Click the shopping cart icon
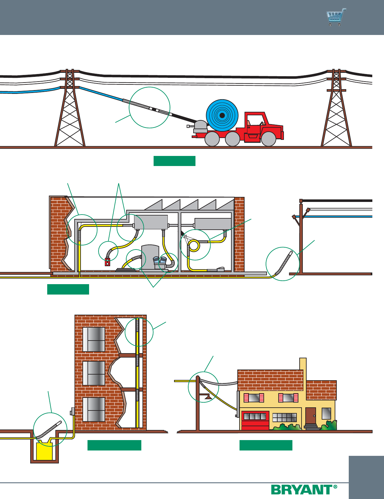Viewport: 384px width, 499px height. [336, 17]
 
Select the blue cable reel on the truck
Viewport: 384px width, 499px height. [222, 115]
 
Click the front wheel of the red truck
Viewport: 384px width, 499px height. [268, 139]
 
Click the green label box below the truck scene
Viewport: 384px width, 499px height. [174, 161]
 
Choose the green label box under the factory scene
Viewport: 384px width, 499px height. [68, 289]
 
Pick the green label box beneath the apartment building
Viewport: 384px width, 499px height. [114, 445]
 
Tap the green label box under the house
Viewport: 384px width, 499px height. [266, 445]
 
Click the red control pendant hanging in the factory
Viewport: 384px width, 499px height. [107, 262]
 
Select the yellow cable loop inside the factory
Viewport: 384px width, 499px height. [194, 245]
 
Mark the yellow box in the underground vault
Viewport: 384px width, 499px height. [44, 451]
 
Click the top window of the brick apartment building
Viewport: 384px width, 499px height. [94, 339]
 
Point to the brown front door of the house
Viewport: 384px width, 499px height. [310, 416]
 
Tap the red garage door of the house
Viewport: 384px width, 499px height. [255, 421]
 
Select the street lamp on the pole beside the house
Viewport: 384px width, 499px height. [208, 397]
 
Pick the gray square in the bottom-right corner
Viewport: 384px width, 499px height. [366, 477]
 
